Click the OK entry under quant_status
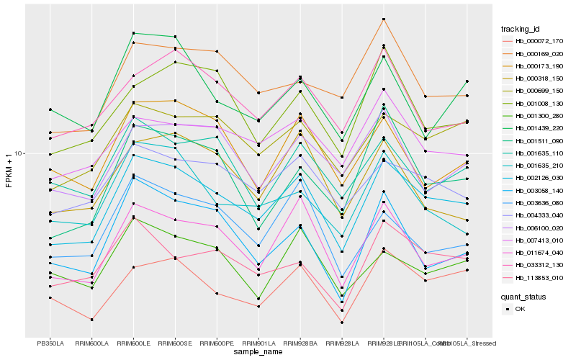point(520,309)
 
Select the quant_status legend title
point(523,297)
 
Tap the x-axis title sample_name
point(258,352)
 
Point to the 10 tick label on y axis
point(19,154)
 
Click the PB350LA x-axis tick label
point(50,343)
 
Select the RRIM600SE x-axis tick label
point(175,343)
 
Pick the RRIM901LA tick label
point(258,343)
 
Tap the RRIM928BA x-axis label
point(300,343)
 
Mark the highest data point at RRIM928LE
point(384,19)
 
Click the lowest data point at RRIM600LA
point(92,319)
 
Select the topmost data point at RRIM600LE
point(133,33)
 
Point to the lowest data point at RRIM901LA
point(258,306)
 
